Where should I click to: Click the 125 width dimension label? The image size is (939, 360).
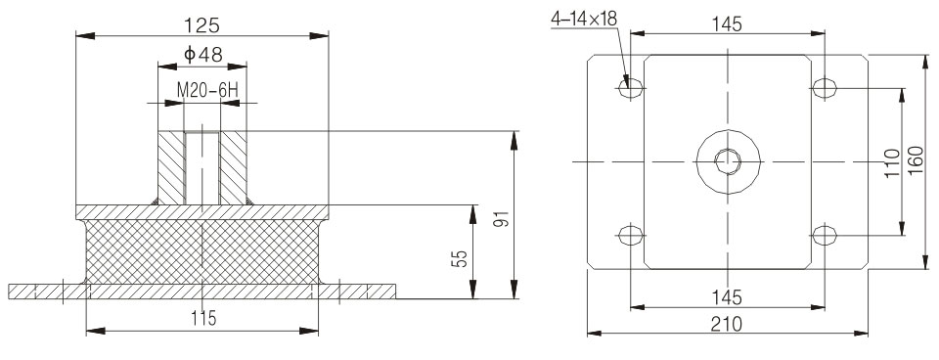click(x=201, y=25)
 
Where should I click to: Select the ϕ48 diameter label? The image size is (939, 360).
click(x=203, y=55)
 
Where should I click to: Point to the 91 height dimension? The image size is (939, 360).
click(x=504, y=218)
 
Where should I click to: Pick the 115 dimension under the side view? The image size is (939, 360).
click(x=203, y=319)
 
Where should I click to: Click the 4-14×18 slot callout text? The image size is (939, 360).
click(x=584, y=20)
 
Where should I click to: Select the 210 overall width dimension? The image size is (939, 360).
click(x=727, y=324)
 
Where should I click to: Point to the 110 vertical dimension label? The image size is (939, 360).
click(x=892, y=162)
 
